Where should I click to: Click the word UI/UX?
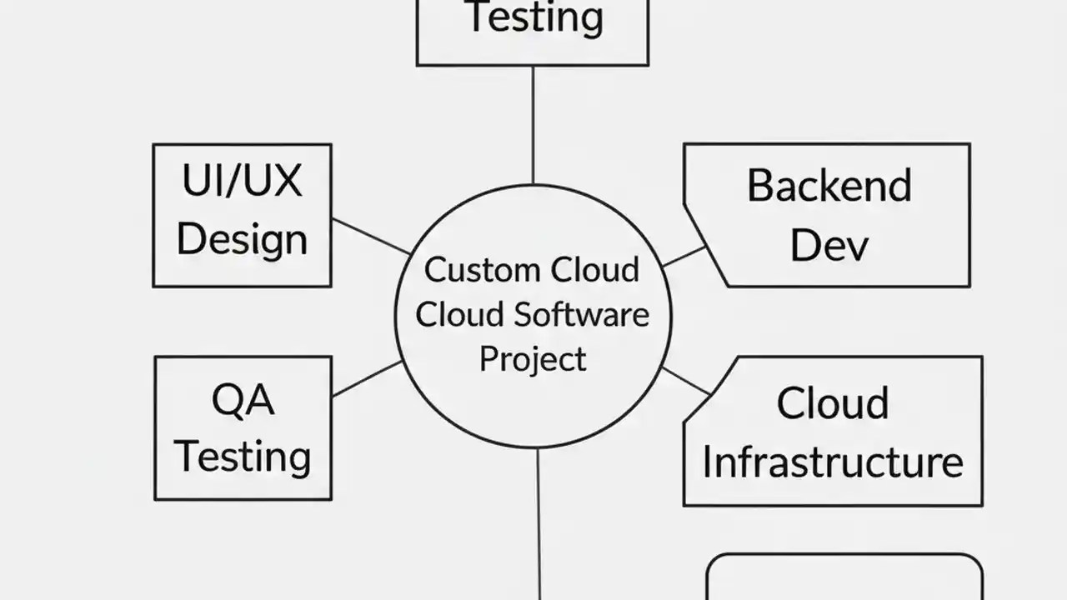(x=242, y=181)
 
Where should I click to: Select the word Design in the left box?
(x=242, y=239)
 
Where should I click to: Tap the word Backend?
(x=829, y=186)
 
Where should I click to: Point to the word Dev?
(x=829, y=245)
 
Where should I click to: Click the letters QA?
(x=243, y=401)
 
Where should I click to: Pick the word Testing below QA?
(x=243, y=457)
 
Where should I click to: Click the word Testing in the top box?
(x=533, y=18)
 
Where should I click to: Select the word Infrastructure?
(x=832, y=462)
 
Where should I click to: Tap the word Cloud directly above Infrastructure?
(x=832, y=404)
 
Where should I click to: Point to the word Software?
(x=581, y=315)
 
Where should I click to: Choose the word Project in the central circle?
(x=533, y=359)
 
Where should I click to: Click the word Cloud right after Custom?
(x=598, y=270)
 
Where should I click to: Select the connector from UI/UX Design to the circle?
(x=371, y=236)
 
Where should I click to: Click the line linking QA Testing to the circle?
(x=367, y=378)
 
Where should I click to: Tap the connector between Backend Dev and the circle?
(x=684, y=256)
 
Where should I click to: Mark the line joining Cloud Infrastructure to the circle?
(x=686, y=381)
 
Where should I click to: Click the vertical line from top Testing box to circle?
(x=533, y=125)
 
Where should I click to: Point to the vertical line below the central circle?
(x=539, y=525)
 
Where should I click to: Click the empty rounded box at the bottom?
(x=844, y=579)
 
